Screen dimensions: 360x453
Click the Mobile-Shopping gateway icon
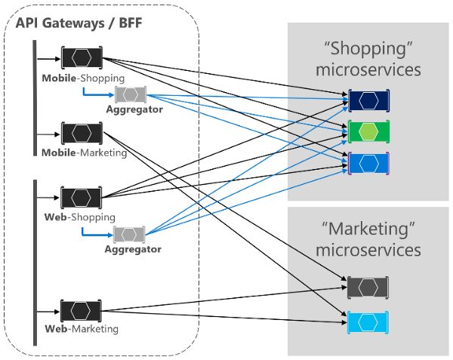click(x=82, y=58)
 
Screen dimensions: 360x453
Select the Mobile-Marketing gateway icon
click(x=82, y=134)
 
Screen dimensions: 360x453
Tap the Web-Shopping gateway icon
click(x=82, y=198)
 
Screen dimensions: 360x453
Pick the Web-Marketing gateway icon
click(x=82, y=310)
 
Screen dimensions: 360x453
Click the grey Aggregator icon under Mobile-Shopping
click(x=131, y=95)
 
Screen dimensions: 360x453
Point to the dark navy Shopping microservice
click(x=368, y=100)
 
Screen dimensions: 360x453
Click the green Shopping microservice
click(x=368, y=131)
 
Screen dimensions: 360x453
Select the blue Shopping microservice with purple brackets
click(x=368, y=162)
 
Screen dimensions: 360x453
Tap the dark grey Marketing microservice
click(x=368, y=287)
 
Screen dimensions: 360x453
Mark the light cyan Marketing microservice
click(x=368, y=322)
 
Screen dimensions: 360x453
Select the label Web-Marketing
click(x=82, y=329)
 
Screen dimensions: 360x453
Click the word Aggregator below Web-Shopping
click(x=133, y=248)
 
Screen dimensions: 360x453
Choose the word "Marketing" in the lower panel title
click(x=368, y=228)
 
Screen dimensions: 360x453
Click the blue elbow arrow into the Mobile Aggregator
click(x=97, y=95)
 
